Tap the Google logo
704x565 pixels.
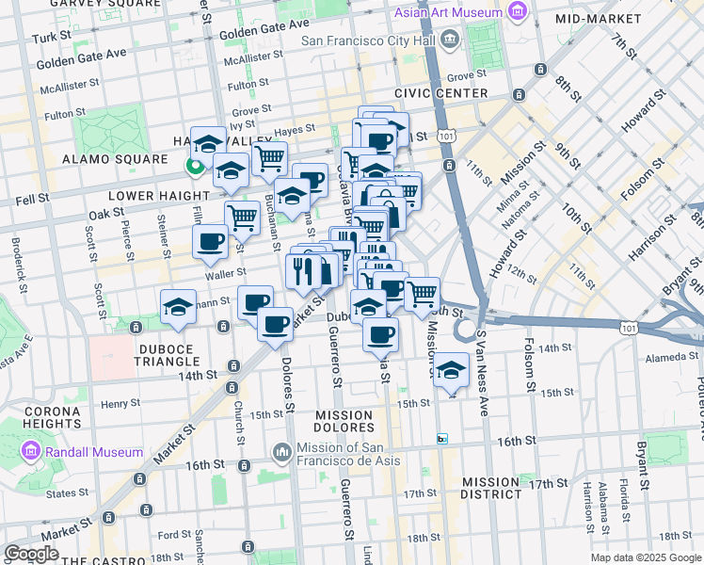click(32, 554)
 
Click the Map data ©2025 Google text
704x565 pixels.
click(646, 557)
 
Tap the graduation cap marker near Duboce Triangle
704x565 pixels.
click(178, 305)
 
